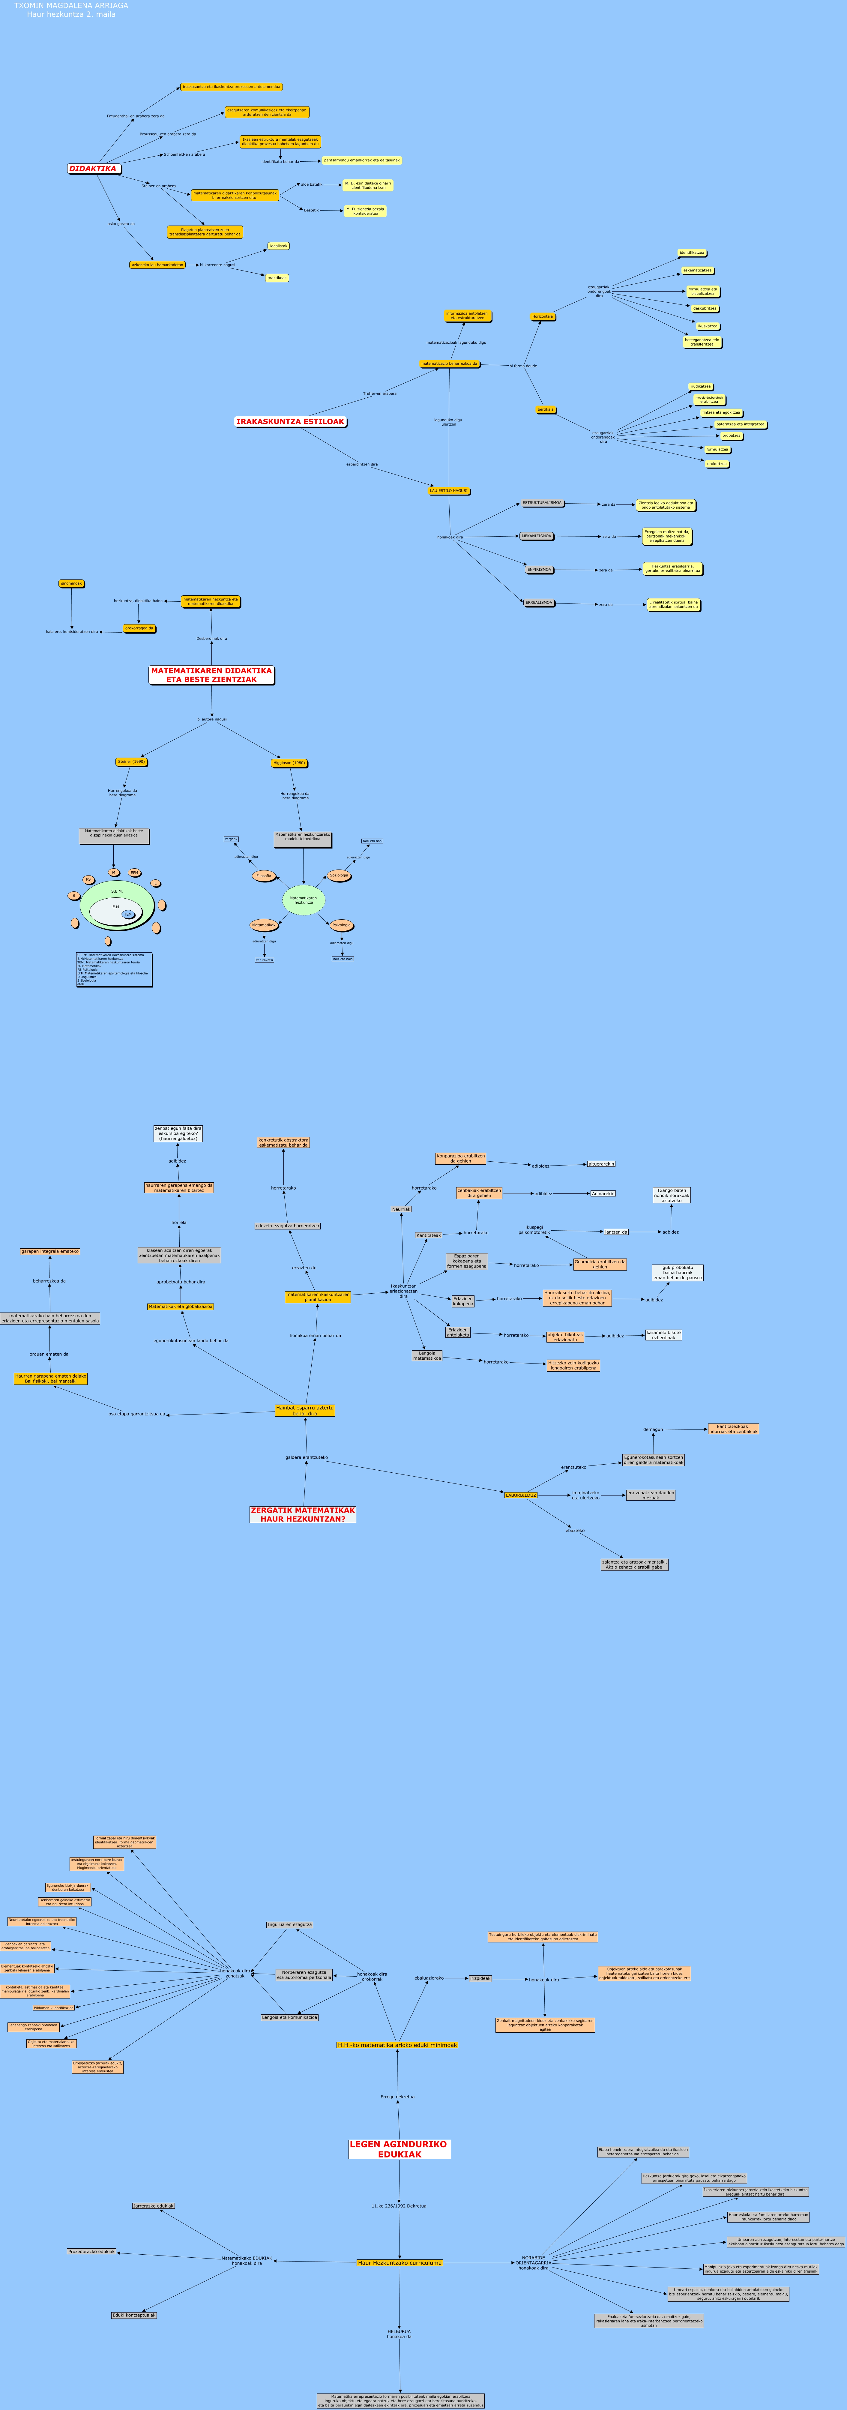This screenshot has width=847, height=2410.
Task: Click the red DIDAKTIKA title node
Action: point(94,169)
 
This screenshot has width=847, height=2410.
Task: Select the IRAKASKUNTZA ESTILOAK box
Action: point(290,422)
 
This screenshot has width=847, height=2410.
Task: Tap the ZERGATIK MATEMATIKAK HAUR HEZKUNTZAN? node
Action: point(302,1514)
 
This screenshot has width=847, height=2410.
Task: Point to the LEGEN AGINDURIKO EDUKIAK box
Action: point(400,2149)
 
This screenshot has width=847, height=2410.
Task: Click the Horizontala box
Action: point(543,317)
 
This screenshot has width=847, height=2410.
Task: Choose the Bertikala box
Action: point(546,410)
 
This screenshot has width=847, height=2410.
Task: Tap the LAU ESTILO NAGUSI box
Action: point(449,490)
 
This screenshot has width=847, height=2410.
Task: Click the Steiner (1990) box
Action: point(132,762)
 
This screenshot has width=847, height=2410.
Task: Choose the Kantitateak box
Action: point(429,1235)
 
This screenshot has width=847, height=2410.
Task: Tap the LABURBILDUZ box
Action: point(521,1495)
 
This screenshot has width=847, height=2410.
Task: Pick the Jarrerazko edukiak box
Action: point(154,2206)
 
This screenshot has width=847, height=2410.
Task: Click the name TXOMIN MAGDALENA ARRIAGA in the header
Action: point(71,6)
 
